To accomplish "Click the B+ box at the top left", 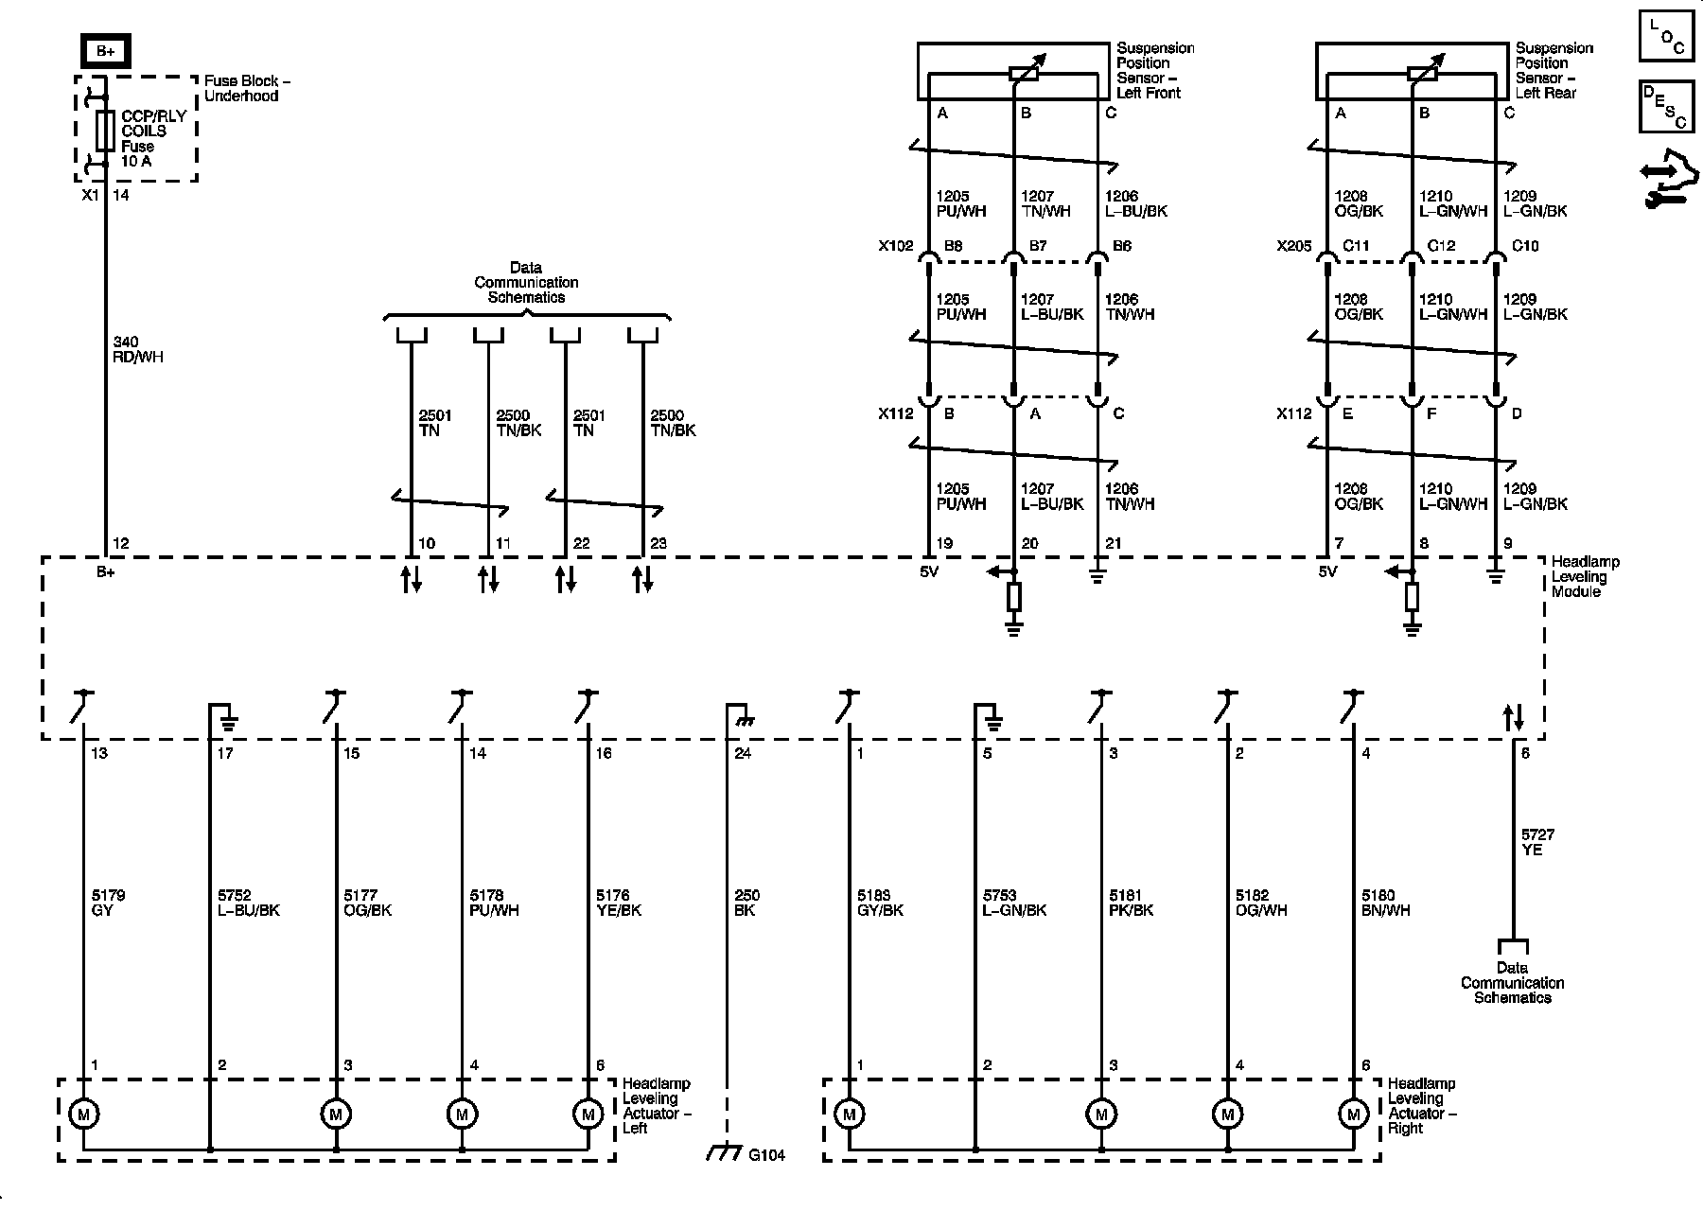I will [x=104, y=50].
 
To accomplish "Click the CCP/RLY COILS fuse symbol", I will [x=105, y=131].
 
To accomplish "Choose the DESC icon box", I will [x=1666, y=106].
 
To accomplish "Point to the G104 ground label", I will [x=766, y=1155].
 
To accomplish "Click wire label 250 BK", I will [x=746, y=903].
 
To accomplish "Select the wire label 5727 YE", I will [x=1537, y=842].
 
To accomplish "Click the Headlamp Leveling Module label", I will [x=1584, y=576].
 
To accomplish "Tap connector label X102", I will [x=895, y=246].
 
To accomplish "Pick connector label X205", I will [x=1293, y=246].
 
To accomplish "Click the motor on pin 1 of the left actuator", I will [x=83, y=1114].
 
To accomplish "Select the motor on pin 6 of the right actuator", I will [x=1353, y=1114].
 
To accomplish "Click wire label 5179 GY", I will [x=109, y=903].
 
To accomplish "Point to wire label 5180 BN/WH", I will [x=1386, y=903].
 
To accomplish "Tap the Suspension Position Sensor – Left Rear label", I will [x=1554, y=70].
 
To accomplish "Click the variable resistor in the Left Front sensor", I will [x=1024, y=73].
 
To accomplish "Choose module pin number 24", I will [x=743, y=754].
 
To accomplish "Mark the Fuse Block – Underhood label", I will [x=247, y=89].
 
